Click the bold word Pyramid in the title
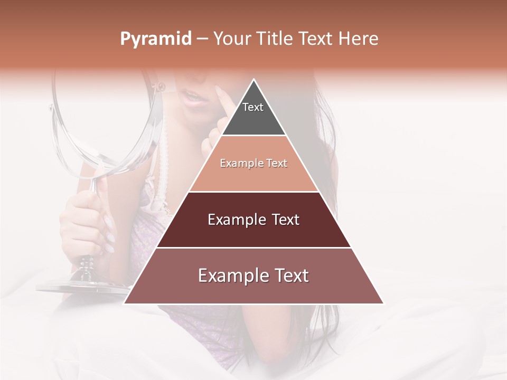click(155, 39)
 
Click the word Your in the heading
click(231, 39)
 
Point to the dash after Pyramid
click(202, 39)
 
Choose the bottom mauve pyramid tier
click(253, 282)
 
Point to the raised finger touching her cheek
click(222, 100)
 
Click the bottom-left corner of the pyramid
click(125, 303)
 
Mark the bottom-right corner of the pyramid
click(383, 303)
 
